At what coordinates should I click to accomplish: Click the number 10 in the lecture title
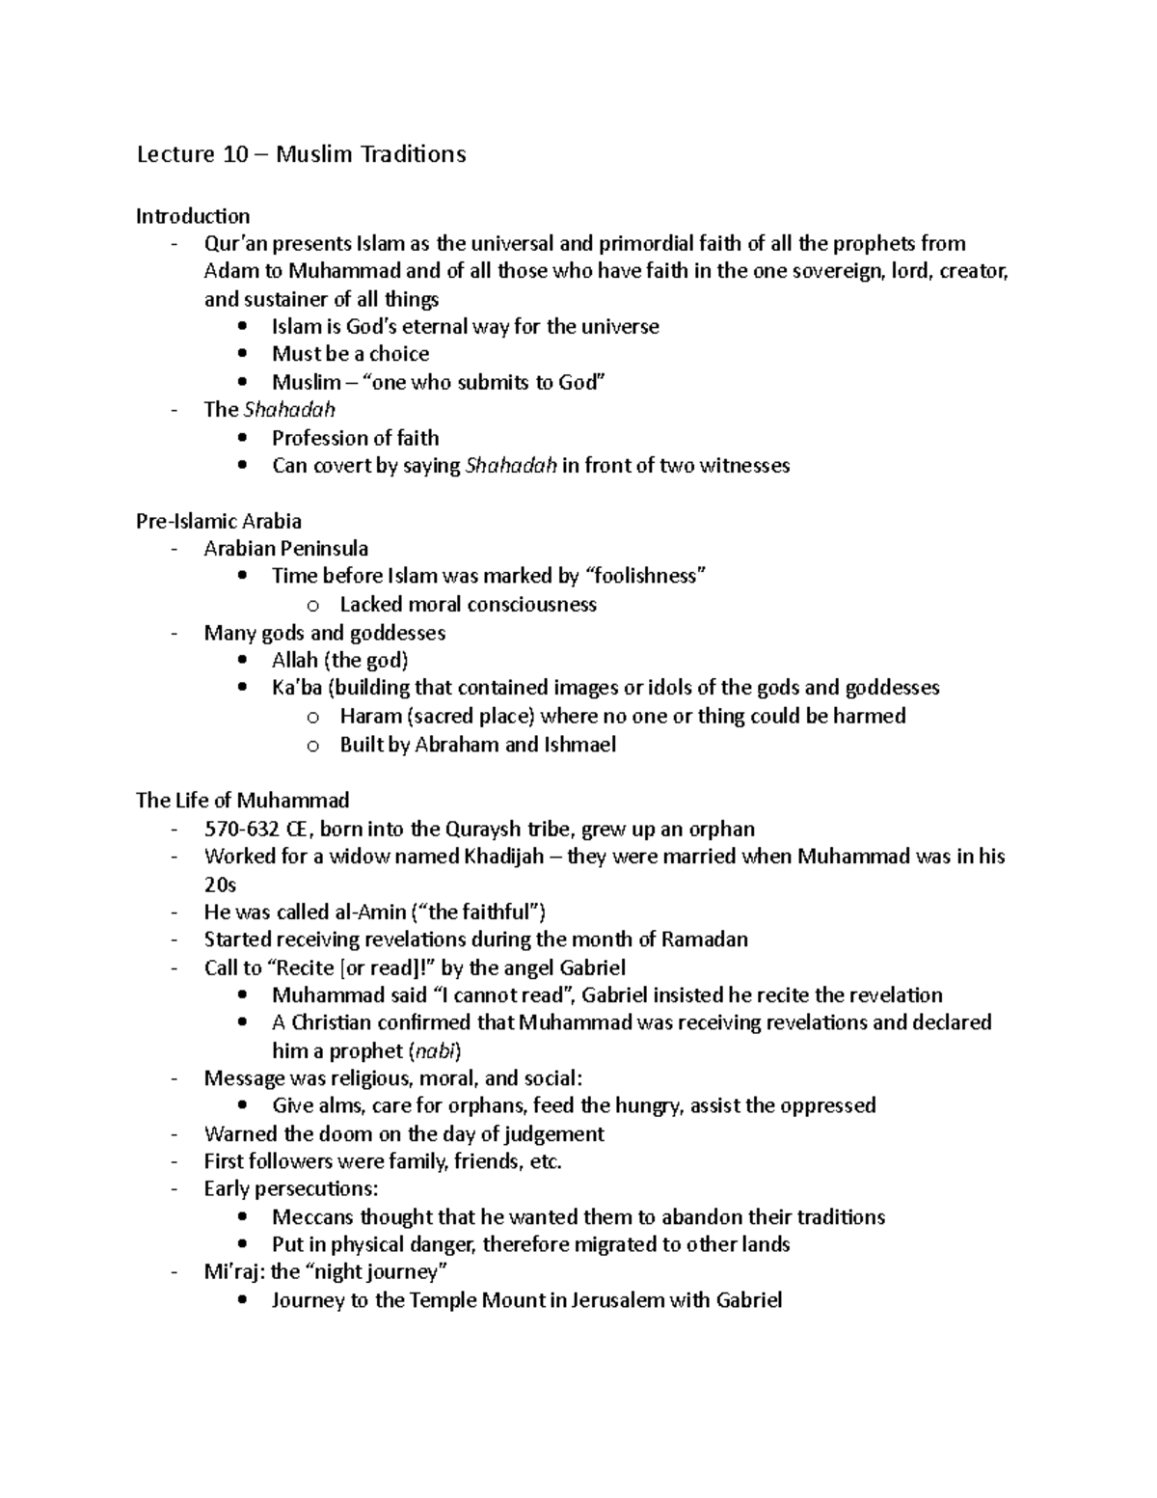click(x=235, y=154)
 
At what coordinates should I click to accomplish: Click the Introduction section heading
click(x=193, y=216)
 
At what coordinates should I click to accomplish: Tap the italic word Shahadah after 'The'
click(x=289, y=410)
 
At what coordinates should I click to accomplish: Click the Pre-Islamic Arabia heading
click(x=219, y=522)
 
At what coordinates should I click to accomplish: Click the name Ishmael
click(x=580, y=745)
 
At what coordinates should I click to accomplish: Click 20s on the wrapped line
click(x=220, y=885)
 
